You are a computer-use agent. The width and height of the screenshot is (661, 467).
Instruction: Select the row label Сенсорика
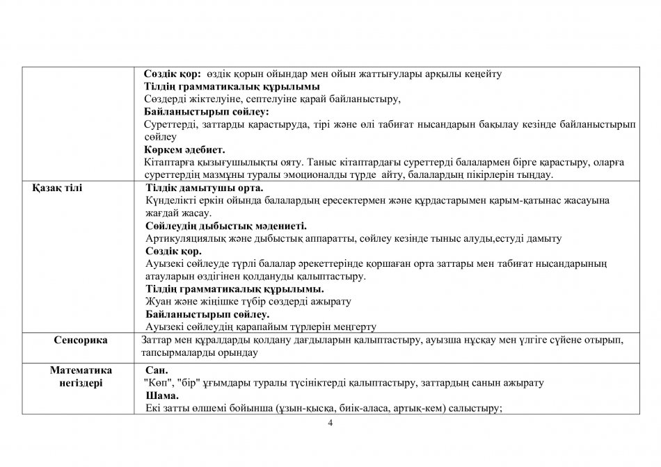tap(81, 341)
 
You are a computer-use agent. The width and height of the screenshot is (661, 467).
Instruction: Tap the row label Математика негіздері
tap(81, 376)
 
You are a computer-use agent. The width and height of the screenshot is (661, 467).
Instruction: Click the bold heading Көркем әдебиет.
tap(184, 149)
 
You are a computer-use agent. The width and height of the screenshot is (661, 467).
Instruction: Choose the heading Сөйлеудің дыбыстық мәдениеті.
tap(226, 226)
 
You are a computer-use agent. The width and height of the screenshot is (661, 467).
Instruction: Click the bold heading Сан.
tap(157, 370)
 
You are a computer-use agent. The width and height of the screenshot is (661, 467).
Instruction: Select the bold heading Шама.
tap(159, 395)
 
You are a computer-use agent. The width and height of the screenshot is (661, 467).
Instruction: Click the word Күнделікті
tap(170, 201)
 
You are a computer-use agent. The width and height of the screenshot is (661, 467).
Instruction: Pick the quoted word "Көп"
tap(154, 383)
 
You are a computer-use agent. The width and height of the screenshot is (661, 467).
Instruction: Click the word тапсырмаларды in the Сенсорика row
tap(180, 354)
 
